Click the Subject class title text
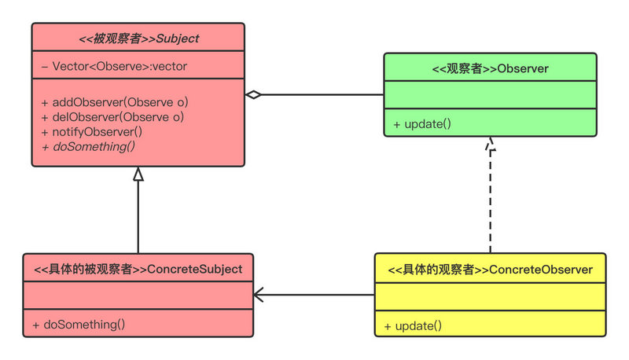pyautogui.click(x=138, y=38)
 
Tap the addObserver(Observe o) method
pyautogui.click(x=115, y=102)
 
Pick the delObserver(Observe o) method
pyautogui.click(x=112, y=117)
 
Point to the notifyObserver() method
pyautogui.click(x=92, y=132)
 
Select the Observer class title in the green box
pyautogui.click(x=490, y=69)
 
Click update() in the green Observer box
pyautogui.click(x=422, y=123)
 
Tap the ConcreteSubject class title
pyautogui.click(x=138, y=269)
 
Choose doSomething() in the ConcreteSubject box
pyautogui.click(x=79, y=323)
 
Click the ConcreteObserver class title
pyautogui.click(x=490, y=270)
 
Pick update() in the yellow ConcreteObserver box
pyautogui.click(x=413, y=325)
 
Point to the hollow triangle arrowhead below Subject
pyautogui.click(x=138, y=174)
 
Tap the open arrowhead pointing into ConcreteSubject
pyautogui.click(x=258, y=296)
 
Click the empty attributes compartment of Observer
pyautogui.click(x=490, y=97)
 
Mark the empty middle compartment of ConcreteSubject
pyautogui.click(x=138, y=296)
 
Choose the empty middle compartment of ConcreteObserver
pyautogui.click(x=490, y=297)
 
